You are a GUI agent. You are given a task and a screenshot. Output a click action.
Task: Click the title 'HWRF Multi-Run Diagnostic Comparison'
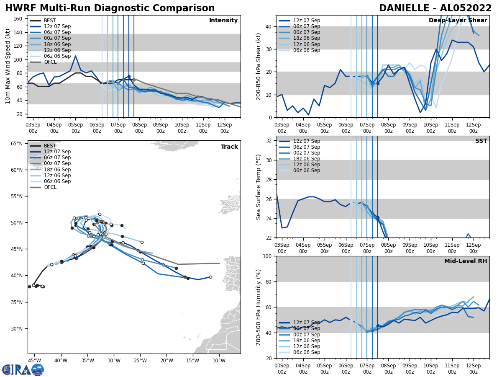click(110, 8)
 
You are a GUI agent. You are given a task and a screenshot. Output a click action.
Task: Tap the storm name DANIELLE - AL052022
click(435, 8)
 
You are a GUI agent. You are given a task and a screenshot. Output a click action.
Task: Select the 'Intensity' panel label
click(223, 21)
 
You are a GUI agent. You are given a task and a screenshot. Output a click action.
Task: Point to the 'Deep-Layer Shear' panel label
click(458, 21)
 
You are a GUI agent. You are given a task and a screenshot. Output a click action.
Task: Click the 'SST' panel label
click(481, 141)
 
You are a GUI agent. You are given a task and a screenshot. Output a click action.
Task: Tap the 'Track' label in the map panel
click(229, 147)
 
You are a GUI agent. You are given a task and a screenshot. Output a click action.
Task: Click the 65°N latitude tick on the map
click(17, 144)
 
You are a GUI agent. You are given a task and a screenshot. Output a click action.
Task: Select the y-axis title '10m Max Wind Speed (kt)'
click(8, 67)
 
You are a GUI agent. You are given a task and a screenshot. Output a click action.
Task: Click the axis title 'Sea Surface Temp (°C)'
click(259, 187)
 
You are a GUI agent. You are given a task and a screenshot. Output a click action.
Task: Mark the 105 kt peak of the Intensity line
click(75, 56)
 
